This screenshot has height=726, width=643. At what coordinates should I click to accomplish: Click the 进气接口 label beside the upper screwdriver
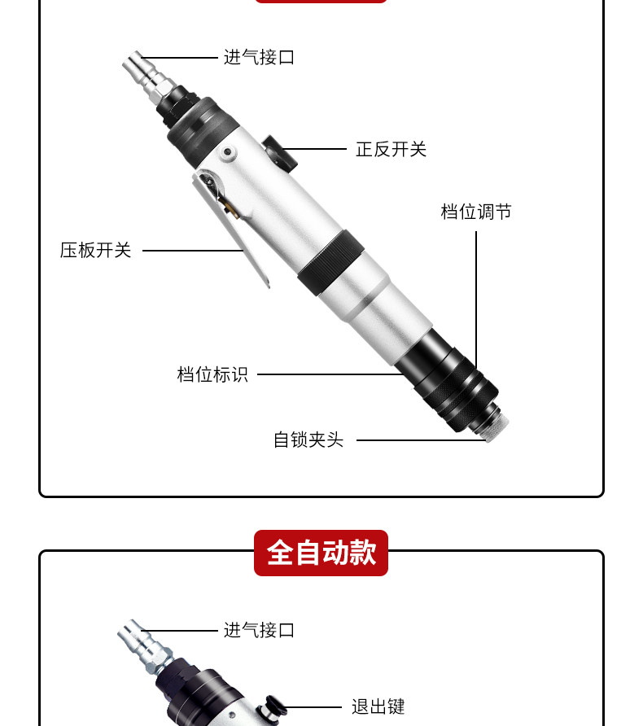(x=260, y=58)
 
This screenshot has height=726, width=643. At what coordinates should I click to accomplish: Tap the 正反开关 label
(x=391, y=149)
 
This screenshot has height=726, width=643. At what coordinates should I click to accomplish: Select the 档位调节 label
(x=476, y=212)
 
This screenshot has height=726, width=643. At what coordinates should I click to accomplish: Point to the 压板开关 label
(x=95, y=250)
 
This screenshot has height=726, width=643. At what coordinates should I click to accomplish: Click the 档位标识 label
(x=212, y=374)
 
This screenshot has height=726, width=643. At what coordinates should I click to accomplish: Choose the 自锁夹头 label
(x=308, y=440)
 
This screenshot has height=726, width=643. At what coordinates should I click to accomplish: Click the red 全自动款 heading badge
(x=321, y=553)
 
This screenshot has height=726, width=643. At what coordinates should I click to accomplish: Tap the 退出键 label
(x=378, y=706)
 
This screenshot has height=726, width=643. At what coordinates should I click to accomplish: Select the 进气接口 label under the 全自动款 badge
(x=260, y=630)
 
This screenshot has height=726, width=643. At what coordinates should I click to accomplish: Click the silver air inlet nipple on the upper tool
(x=148, y=78)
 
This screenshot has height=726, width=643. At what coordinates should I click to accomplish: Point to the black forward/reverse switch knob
(x=280, y=152)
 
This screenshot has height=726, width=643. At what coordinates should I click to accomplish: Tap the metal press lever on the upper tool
(x=231, y=227)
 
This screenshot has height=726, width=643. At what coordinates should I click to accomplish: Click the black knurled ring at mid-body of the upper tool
(x=329, y=262)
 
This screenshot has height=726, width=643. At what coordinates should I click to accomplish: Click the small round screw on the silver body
(x=227, y=152)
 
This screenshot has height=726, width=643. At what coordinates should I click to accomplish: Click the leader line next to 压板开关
(x=193, y=251)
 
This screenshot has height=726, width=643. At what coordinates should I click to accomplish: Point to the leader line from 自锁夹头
(x=422, y=440)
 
